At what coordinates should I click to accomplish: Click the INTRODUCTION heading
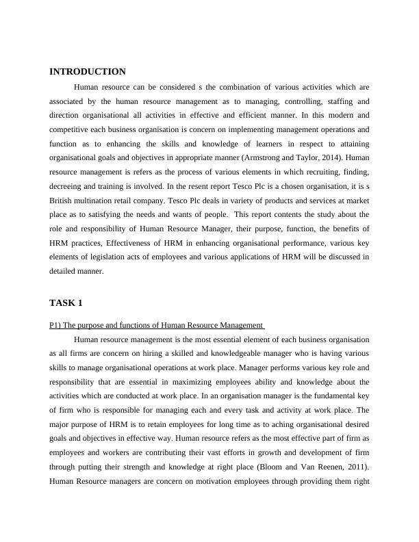(88, 71)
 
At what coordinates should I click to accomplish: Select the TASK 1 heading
(66, 302)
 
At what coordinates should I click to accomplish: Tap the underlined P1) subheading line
(157, 324)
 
